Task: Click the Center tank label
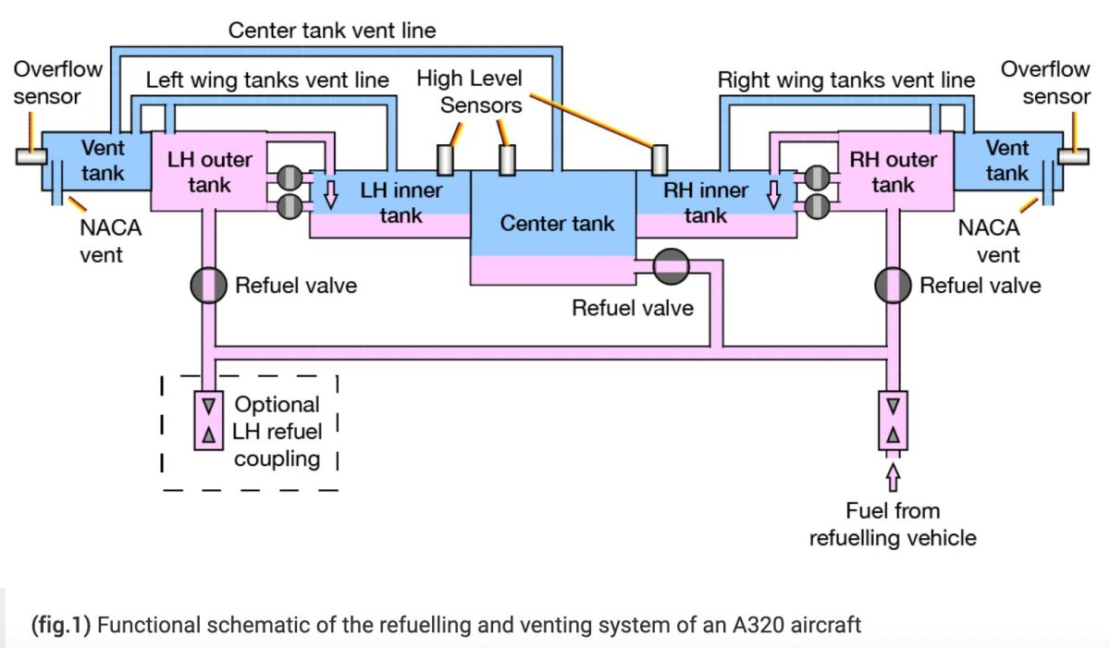click(x=557, y=223)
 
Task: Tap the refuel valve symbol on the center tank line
click(x=672, y=267)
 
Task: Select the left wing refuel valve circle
click(x=209, y=286)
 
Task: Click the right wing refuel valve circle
click(x=894, y=286)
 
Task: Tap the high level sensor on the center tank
click(x=506, y=160)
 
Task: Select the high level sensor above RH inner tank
click(x=660, y=160)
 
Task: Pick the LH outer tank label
click(x=209, y=172)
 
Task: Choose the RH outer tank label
click(x=893, y=172)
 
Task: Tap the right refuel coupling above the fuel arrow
click(x=893, y=421)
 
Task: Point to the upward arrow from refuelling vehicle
click(x=893, y=476)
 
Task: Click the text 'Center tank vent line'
click(x=332, y=31)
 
